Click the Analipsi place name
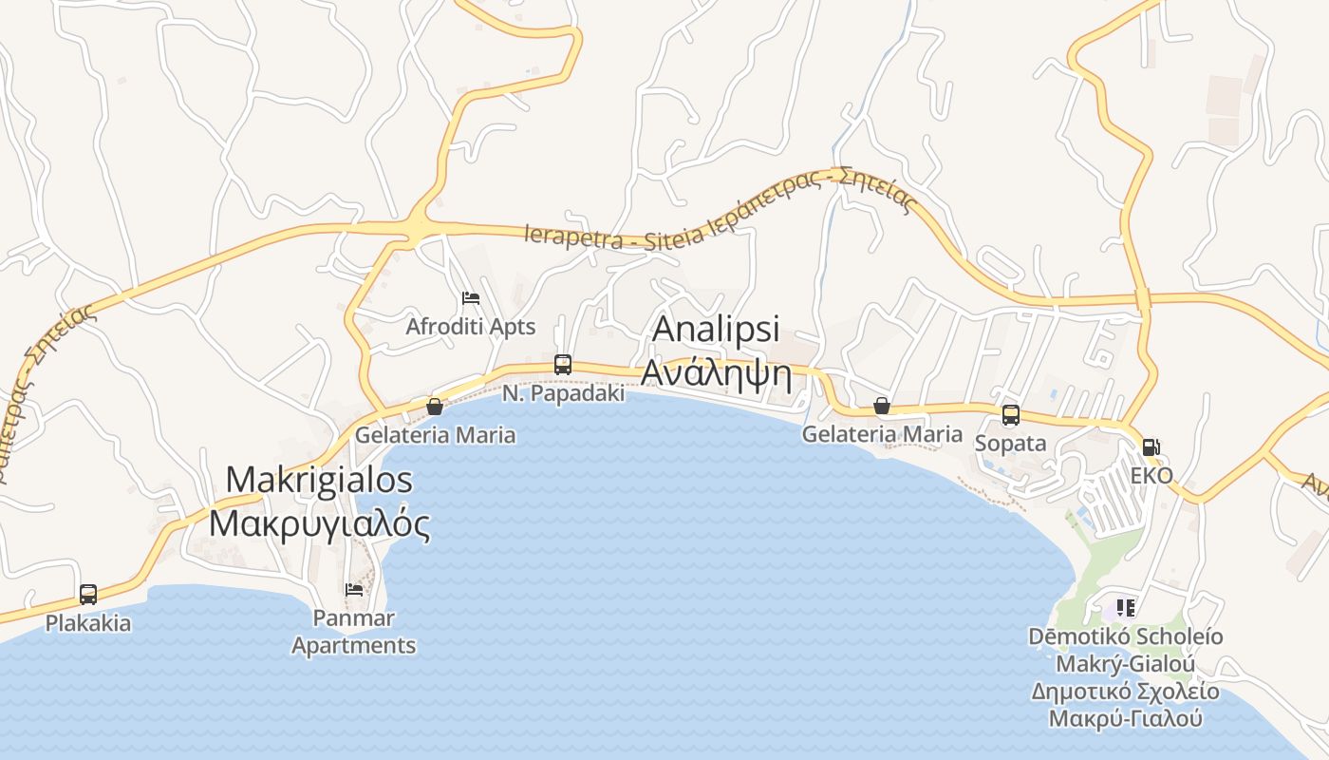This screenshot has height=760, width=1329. (x=717, y=329)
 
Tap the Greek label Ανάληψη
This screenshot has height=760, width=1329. (x=717, y=372)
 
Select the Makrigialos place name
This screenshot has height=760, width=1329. (x=320, y=480)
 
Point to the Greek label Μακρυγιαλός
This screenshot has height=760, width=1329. (x=320, y=523)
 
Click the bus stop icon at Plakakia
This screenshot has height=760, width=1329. (x=88, y=595)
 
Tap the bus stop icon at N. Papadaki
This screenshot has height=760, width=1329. (x=563, y=365)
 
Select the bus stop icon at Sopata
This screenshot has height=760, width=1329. (x=1011, y=415)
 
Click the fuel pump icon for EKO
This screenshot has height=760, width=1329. (x=1151, y=446)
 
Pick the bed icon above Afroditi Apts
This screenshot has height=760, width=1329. (x=470, y=298)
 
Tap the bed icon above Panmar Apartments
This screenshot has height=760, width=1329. (x=354, y=590)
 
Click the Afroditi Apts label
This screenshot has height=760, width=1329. (x=471, y=327)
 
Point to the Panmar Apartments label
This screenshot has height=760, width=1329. (x=354, y=632)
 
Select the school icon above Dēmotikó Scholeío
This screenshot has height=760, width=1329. (x=1126, y=607)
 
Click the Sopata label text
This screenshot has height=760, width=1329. (x=1011, y=443)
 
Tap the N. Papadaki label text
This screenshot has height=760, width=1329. (x=563, y=392)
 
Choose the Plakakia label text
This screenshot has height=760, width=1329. (x=88, y=623)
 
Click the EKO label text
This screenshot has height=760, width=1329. (x=1151, y=475)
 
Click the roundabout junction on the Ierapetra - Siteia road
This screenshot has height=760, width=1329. (x=417, y=227)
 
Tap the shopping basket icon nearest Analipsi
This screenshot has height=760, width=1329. (x=882, y=407)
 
